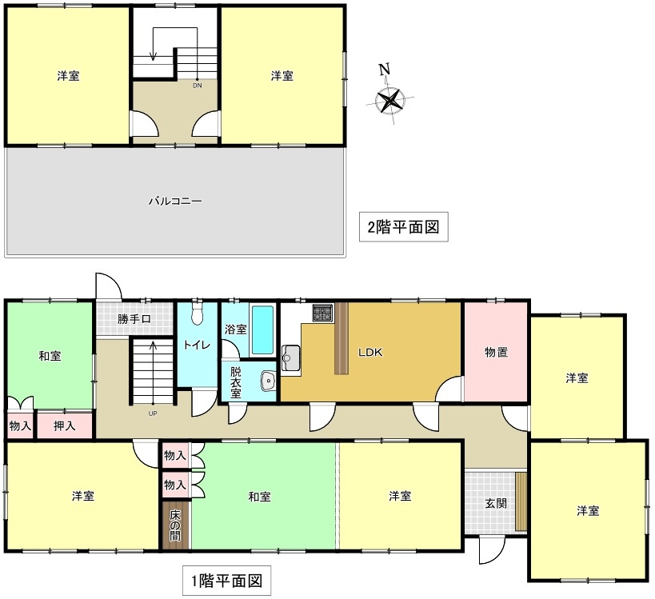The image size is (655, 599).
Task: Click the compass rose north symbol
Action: click(x=391, y=99)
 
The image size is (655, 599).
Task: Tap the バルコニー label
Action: click(x=175, y=202)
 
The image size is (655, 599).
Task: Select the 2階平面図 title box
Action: click(x=403, y=227)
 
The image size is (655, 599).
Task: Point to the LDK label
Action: click(x=370, y=351)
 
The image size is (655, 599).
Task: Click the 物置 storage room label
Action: click(x=496, y=352)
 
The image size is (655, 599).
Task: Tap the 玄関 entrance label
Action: click(x=495, y=505)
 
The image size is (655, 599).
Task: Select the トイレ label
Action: click(x=197, y=345)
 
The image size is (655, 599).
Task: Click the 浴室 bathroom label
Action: click(x=236, y=329)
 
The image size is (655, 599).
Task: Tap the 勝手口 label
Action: click(x=134, y=320)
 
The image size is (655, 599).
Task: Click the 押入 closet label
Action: click(x=66, y=425)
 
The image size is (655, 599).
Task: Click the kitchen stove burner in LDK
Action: click(x=322, y=313)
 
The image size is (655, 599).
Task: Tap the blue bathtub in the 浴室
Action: click(x=262, y=329)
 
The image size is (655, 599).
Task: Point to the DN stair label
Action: click(x=197, y=86)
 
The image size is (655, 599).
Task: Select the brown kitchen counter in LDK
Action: click(x=342, y=337)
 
